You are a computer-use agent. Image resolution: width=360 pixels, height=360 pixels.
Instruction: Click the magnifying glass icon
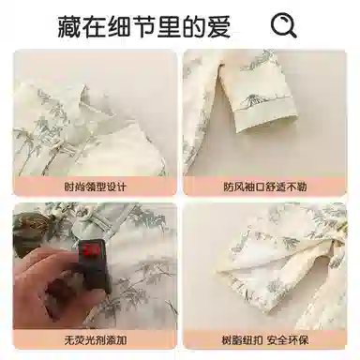point(283,26)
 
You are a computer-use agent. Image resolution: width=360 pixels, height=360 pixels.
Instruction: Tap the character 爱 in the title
point(218,27)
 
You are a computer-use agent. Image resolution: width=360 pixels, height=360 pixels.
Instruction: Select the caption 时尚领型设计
point(96,187)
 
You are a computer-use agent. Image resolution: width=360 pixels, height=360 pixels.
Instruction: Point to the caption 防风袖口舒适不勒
point(265,187)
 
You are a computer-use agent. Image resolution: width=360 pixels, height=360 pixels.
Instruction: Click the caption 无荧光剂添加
point(96,339)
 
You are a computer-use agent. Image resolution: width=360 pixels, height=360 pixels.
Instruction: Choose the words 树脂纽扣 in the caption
point(242,339)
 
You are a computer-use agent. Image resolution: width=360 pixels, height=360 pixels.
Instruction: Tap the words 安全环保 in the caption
point(288,339)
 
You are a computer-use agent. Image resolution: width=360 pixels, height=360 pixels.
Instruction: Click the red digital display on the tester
point(91,250)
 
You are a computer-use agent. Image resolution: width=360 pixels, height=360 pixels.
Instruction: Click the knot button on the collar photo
point(57,145)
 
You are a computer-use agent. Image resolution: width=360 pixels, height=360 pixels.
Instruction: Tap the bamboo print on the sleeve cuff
point(251,99)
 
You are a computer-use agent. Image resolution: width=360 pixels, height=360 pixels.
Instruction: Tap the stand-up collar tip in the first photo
point(84,91)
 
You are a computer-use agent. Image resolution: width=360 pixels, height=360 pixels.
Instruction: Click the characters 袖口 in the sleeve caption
point(255,187)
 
